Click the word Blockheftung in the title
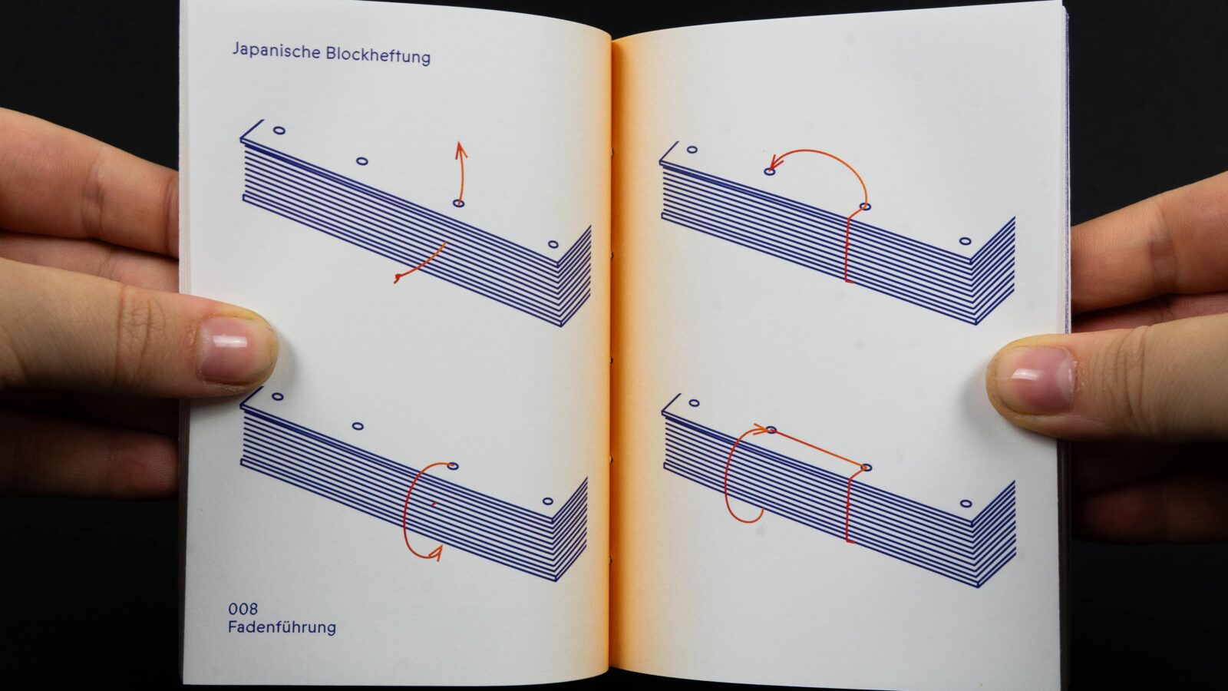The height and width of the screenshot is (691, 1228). point(378,55)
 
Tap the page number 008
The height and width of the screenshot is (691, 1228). point(243,609)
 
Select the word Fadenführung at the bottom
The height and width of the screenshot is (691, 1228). point(282,627)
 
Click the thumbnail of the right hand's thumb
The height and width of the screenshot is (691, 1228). point(1034,379)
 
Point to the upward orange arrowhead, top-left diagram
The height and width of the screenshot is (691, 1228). point(460,150)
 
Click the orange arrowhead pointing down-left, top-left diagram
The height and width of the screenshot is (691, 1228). point(399,277)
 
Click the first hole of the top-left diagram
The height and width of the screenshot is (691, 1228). point(279,131)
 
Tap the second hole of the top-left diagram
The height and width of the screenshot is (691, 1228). point(361,161)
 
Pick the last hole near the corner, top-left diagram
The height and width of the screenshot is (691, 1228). point(553,244)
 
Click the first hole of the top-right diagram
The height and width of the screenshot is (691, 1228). point(692,149)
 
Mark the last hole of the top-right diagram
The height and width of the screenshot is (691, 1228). point(966,241)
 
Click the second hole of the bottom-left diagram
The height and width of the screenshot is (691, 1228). point(358,426)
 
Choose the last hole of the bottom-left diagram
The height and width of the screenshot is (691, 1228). point(548,501)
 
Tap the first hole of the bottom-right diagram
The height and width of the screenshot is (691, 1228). point(694,403)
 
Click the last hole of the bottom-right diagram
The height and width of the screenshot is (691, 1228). point(966,504)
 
